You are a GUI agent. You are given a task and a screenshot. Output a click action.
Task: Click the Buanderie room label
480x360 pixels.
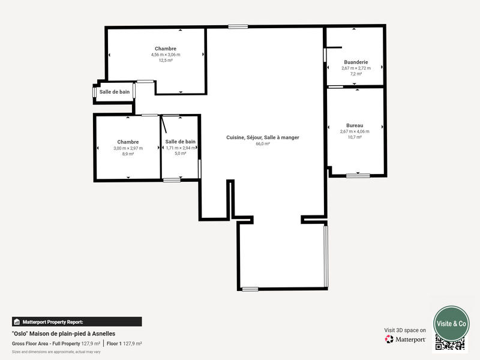[x=356, y=62]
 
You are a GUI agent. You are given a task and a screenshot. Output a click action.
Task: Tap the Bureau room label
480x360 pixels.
[x=355, y=125]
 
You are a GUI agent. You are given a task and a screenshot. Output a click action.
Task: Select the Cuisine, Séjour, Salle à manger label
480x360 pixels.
[x=262, y=137]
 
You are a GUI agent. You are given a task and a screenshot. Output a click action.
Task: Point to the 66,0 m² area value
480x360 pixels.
[x=262, y=144]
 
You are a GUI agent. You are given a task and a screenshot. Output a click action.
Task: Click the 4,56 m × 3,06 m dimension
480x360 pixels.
[x=166, y=55]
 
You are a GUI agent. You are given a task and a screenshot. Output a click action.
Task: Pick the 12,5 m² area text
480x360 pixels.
[x=166, y=61]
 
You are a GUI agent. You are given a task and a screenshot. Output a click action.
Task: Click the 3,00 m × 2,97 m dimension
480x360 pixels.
[x=128, y=148]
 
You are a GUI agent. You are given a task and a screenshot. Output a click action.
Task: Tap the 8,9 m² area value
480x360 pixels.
[x=128, y=154]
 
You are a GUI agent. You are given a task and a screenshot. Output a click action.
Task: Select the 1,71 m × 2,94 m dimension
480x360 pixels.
[x=181, y=148]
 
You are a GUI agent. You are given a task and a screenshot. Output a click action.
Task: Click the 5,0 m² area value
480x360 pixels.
[x=181, y=154]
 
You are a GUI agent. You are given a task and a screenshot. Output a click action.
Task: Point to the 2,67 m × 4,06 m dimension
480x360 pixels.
[x=355, y=131]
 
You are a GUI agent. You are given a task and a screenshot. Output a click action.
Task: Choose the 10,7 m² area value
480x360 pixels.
[x=355, y=137]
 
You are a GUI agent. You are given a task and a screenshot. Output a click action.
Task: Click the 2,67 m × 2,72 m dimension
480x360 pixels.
[x=356, y=68]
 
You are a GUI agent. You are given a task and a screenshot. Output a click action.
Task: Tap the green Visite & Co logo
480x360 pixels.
[x=451, y=323]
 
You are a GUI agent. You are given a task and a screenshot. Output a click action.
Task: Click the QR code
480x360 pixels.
[x=450, y=344]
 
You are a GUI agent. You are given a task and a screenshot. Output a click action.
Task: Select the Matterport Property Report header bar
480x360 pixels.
[x=76, y=322]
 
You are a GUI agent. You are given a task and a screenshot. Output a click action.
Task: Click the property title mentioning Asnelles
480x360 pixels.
[x=63, y=334]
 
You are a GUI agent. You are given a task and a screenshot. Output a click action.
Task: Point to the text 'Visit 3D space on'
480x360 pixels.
[x=405, y=330]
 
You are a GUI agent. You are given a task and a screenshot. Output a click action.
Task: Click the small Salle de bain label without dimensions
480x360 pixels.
[x=115, y=92]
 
